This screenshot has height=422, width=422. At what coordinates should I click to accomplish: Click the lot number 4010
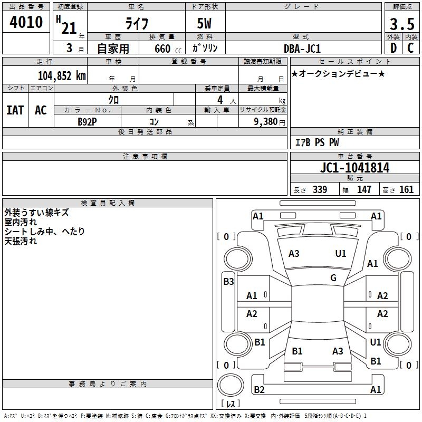pos(26,22)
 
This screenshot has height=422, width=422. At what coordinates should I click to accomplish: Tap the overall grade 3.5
pos(402,24)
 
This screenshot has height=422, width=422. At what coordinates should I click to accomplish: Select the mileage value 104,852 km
pos(62,76)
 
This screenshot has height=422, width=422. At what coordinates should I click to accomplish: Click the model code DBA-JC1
pos(302,49)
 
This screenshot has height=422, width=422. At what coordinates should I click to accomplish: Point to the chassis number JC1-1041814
pos(354,168)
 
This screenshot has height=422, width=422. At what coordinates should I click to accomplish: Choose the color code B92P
pos(87,122)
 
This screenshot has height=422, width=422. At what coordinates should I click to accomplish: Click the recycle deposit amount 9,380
pos(266,122)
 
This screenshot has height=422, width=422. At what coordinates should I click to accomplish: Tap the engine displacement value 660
pos(162,49)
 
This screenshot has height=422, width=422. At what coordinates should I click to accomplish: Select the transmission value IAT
pos(15,110)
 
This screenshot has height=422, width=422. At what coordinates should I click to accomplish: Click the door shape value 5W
pos(204,23)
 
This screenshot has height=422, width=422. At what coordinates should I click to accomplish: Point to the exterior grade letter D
pos(394,48)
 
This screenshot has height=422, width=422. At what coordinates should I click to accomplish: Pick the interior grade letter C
pos(410,48)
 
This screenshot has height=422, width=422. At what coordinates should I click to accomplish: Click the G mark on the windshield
pos(333,277)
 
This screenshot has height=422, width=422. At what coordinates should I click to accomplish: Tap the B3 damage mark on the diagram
pos(228,282)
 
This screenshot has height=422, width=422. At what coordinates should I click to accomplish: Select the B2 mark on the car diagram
pos(259,389)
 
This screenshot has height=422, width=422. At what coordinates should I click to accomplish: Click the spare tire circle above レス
pos(231,385)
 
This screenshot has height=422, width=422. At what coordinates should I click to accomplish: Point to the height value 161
pos(406,189)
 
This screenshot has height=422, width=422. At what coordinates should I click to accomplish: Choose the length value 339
pos(320,189)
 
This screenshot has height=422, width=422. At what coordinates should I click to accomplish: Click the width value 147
pos(364,189)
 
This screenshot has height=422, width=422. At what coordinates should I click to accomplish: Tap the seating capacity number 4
pos(220,100)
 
